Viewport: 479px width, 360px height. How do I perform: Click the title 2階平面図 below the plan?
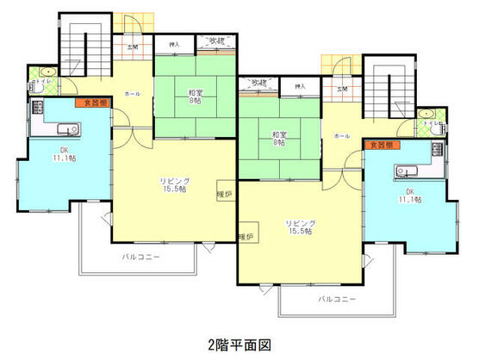click(239, 343)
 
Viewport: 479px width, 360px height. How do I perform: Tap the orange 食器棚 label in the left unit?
click(94, 102)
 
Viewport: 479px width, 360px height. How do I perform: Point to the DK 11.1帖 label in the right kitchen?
click(411, 195)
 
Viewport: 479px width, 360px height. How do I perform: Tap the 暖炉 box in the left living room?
click(225, 195)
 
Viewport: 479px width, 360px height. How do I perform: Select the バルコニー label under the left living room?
click(138, 257)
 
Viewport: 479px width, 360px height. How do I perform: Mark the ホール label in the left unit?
click(132, 93)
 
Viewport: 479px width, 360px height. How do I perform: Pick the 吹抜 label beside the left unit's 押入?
click(216, 40)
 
